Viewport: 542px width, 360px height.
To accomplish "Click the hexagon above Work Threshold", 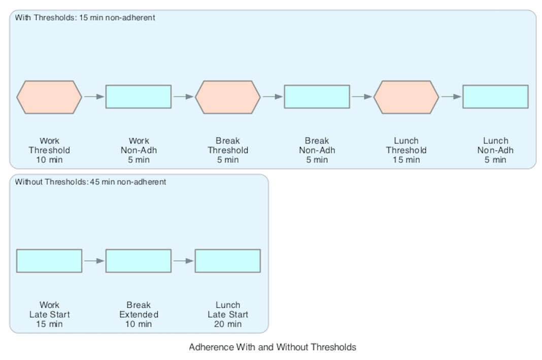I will (x=49, y=97).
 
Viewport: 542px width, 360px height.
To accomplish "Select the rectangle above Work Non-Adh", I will (x=139, y=97).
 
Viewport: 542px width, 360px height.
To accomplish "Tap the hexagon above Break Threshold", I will (x=228, y=97).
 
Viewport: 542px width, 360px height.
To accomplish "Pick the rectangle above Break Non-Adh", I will (x=317, y=97).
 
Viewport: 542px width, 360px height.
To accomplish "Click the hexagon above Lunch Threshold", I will (x=406, y=97).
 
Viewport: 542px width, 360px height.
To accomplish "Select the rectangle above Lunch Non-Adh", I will (x=495, y=97).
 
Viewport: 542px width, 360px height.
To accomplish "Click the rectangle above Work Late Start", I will (x=49, y=261).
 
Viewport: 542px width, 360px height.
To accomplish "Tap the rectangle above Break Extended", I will (x=139, y=261).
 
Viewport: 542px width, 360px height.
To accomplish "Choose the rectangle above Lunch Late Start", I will (x=228, y=261).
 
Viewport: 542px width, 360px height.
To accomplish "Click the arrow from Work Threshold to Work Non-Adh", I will (x=94, y=97).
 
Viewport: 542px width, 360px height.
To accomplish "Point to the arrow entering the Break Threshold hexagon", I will (x=183, y=97).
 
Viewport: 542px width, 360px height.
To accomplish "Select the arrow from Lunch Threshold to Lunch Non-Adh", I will (x=451, y=97).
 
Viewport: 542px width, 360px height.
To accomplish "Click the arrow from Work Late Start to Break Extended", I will (x=94, y=261).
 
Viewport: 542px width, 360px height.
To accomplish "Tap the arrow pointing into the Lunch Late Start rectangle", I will (x=183, y=261).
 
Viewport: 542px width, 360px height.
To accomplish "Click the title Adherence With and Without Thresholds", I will (x=273, y=347).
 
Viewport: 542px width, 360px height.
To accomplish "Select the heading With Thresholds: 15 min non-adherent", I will (x=85, y=18).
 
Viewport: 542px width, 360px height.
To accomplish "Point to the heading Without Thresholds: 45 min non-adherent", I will (x=90, y=182).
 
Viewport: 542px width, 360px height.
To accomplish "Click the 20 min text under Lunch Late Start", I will (x=228, y=324).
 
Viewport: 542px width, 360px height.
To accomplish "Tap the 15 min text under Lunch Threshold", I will (x=406, y=160).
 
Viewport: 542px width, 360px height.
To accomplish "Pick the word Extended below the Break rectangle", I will (x=139, y=314).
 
